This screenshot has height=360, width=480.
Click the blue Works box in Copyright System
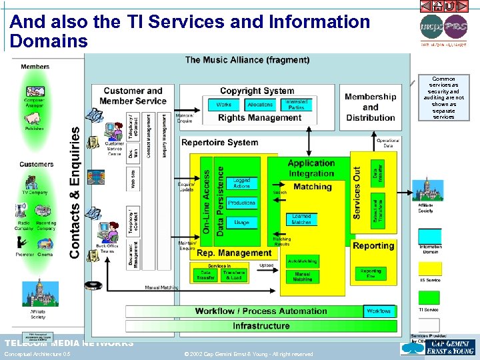tap(224, 105)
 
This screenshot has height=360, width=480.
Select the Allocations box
tap(260, 105)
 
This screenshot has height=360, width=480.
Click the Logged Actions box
tap(241, 183)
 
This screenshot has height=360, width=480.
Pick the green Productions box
tap(241, 203)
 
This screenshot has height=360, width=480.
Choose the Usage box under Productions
tap(241, 223)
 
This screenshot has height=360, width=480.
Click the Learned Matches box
tap(301, 219)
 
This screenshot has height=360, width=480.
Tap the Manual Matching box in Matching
tap(302, 277)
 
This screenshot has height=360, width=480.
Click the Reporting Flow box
tap(371, 273)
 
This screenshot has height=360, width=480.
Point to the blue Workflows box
tap(379, 311)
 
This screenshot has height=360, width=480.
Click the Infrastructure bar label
tap(261, 326)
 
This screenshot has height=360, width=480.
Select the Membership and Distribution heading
tap(371, 107)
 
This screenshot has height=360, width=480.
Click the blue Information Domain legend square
tap(430, 236)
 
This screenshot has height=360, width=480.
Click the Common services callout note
tap(443, 98)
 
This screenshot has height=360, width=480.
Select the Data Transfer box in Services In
tap(206, 275)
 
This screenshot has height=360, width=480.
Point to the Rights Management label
tap(260, 118)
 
